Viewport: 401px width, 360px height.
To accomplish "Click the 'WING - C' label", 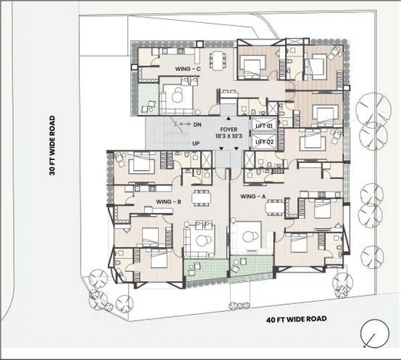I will point(188,69).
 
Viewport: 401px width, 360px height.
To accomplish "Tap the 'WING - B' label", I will point(168,201).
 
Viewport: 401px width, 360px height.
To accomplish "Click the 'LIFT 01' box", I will point(265,126).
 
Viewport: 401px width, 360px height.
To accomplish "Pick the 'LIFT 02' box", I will point(265,141).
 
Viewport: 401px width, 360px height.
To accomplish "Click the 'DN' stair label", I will point(196,124).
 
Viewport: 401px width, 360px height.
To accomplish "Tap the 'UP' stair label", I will point(196,143).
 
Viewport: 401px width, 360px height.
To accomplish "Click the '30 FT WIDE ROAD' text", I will point(53,146).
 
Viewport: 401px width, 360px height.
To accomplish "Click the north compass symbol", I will point(372,335).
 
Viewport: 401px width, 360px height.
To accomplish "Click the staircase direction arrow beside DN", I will point(179,122).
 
